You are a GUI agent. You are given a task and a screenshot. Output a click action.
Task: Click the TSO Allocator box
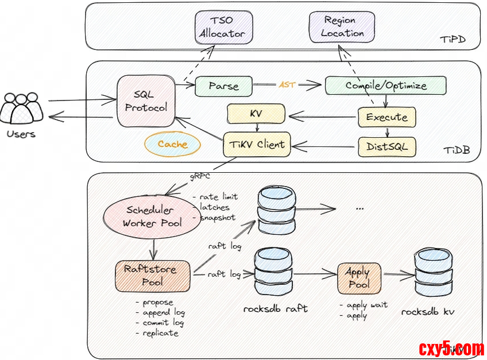(222, 27)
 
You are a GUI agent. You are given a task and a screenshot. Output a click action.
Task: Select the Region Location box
(342, 27)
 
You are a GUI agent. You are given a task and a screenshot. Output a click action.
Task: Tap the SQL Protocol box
(146, 101)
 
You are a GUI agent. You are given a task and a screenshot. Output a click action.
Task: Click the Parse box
(223, 86)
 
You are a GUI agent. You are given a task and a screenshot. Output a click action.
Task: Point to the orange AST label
(287, 84)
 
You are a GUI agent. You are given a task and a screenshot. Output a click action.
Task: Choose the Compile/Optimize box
(385, 86)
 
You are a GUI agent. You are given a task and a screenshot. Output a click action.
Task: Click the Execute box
(386, 117)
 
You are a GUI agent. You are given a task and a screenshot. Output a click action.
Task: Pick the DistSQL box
(386, 146)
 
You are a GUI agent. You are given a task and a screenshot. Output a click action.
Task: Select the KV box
(256, 114)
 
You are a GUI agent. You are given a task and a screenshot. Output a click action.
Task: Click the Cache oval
(172, 145)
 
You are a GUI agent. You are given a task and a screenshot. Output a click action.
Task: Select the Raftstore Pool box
(152, 275)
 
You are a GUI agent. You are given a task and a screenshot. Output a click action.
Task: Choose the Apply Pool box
(359, 278)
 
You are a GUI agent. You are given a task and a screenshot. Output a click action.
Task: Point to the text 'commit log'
(164, 323)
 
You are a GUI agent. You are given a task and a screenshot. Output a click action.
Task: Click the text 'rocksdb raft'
(275, 308)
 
